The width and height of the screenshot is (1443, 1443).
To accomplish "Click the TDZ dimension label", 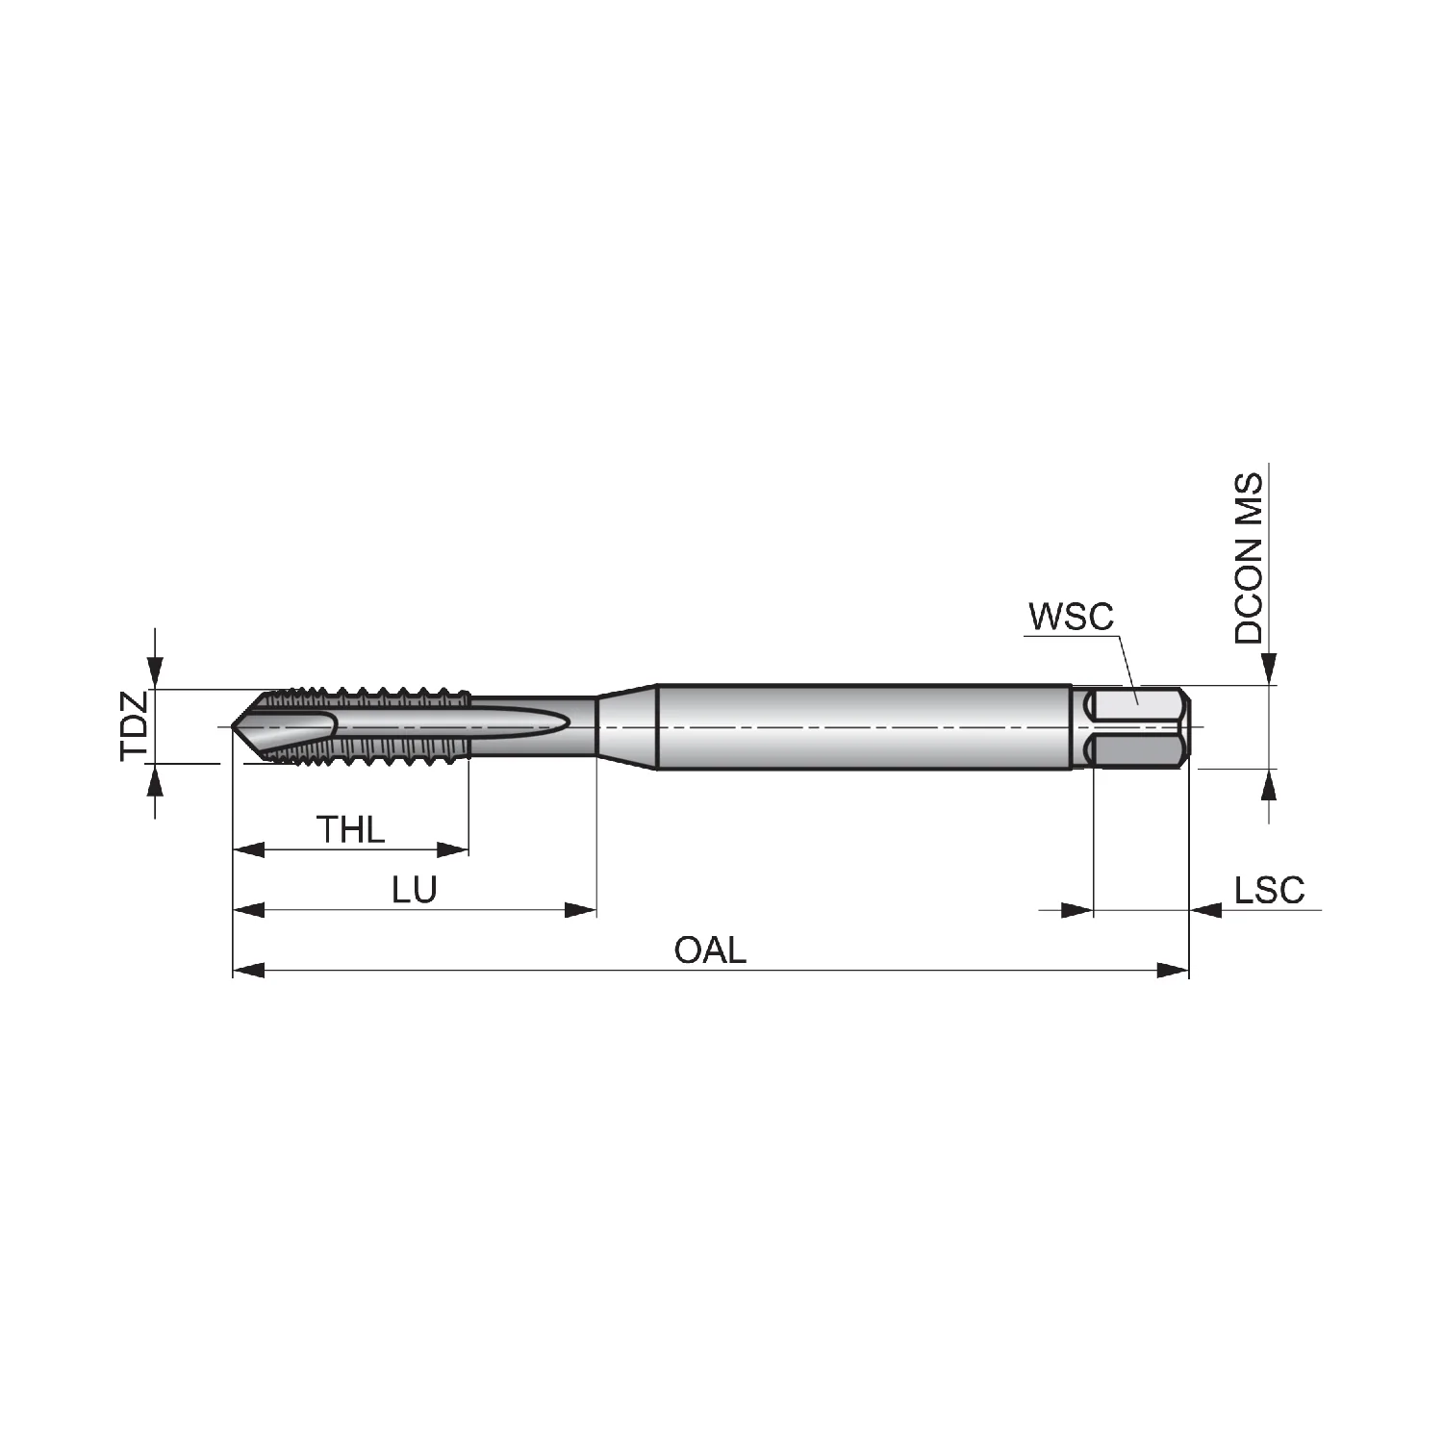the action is coord(134,725).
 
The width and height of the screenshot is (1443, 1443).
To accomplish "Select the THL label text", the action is coord(351,829).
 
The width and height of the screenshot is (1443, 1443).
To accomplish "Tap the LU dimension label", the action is coord(415,890).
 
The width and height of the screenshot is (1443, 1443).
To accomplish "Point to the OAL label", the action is coord(710,950).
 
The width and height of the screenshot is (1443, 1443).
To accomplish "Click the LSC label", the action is coord(1270,890).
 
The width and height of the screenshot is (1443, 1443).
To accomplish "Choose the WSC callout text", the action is coord(1071,616).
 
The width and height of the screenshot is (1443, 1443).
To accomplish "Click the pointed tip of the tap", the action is coord(234,726).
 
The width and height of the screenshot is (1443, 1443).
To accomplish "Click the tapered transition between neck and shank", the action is coord(626,727).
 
